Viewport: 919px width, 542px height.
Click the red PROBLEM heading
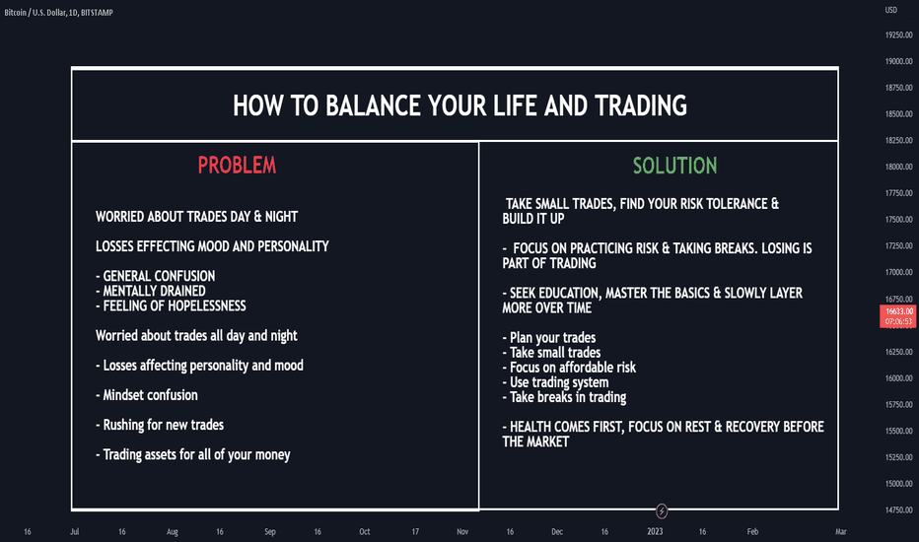point(237,166)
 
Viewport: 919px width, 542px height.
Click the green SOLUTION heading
point(674,166)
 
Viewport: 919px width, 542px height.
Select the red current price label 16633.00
point(898,315)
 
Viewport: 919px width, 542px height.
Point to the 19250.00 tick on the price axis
point(899,35)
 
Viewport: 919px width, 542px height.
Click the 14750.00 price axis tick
point(899,509)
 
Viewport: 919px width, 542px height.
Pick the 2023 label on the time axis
point(655,531)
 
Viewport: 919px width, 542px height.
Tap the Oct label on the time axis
point(365,531)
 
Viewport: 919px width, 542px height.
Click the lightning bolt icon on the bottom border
point(661,510)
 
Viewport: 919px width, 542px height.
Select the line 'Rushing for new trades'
point(160,425)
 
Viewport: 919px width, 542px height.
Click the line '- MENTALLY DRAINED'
point(151,292)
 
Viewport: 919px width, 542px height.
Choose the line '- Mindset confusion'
point(147,395)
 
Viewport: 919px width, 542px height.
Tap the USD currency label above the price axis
point(890,10)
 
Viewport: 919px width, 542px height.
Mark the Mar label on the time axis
point(840,531)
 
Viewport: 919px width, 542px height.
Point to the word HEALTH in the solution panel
point(530,427)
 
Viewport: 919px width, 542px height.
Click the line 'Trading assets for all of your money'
point(193,454)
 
